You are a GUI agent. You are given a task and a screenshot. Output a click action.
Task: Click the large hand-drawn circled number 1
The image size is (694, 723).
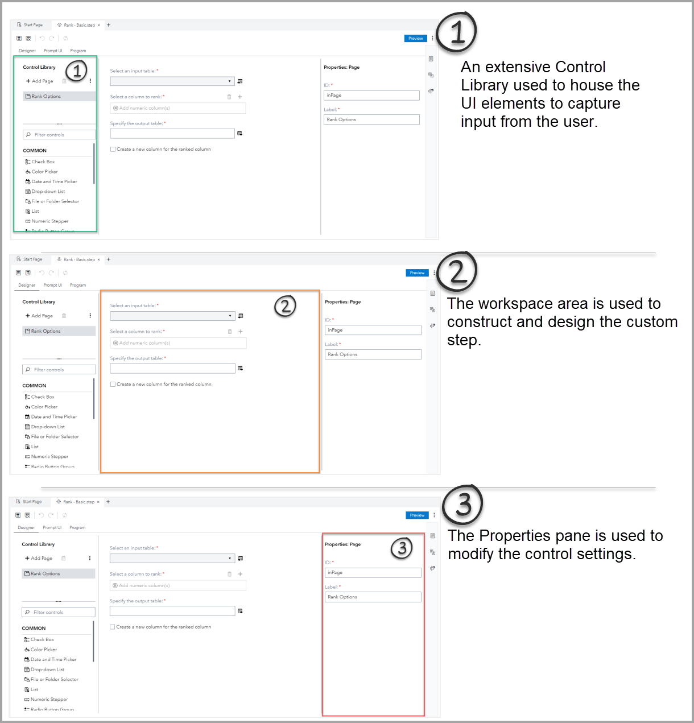coord(456,31)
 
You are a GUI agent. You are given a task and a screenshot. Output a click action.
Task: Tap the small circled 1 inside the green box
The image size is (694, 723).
coord(76,71)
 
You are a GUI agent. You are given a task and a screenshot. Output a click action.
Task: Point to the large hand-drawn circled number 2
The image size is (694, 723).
coord(457,271)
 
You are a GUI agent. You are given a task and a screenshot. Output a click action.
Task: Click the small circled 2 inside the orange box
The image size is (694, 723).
coord(285,306)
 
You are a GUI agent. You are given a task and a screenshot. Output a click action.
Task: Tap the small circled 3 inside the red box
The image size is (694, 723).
coord(402,548)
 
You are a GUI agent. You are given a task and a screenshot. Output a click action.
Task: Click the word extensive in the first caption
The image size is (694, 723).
coord(518,67)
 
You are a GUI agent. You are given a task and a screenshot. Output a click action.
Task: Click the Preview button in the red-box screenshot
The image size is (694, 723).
coord(417,515)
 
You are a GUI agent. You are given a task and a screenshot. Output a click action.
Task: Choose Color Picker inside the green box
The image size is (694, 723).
coord(44,172)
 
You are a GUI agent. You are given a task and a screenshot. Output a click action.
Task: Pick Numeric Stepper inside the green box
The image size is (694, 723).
coord(50,221)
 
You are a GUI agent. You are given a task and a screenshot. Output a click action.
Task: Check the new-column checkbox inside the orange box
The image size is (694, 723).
coord(113,385)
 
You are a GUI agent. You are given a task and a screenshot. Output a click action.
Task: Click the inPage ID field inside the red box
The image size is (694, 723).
coord(373,573)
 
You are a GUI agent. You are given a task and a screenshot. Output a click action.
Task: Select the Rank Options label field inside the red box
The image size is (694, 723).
coord(373,597)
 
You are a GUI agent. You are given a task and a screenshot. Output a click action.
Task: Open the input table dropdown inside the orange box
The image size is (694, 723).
coord(172,316)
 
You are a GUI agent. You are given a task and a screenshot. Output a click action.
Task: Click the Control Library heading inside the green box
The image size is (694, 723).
coord(39,67)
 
